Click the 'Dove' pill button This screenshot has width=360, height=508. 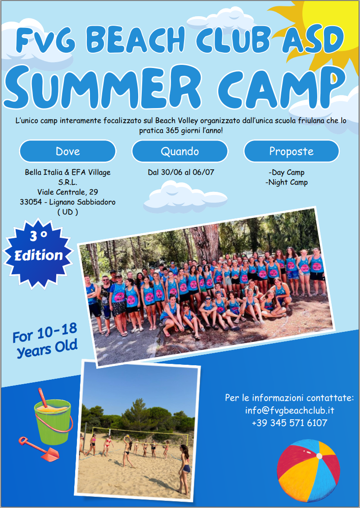click(67, 151)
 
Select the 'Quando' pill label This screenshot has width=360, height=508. click(180, 151)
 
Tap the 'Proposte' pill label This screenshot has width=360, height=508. click(292, 151)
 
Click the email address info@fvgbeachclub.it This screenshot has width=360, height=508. click(289, 410)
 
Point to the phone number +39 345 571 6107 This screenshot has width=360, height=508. click(289, 423)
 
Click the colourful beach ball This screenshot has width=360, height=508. click(308, 471)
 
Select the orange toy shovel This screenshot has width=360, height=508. click(39, 449)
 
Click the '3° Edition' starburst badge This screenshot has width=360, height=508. click(38, 254)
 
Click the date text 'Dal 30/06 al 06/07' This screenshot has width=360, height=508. click(181, 172)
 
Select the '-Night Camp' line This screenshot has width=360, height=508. click(287, 182)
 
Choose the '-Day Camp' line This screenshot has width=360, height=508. click(287, 172)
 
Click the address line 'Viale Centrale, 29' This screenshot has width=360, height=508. click(67, 192)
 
